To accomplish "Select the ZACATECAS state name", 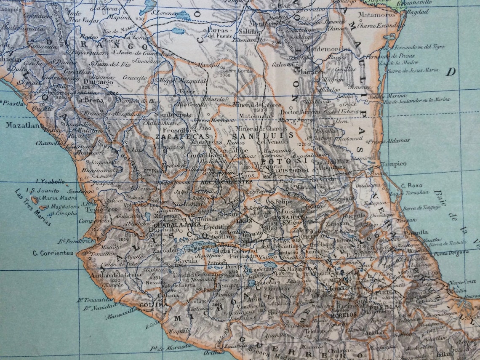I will [182, 136].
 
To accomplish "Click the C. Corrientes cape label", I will [53, 253].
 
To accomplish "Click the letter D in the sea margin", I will [451, 72].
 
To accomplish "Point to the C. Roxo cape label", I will [411, 185].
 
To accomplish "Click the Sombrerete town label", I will [173, 115].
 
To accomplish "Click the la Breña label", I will [90, 100].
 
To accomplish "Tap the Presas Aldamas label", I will [391, 140].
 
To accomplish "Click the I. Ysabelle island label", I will [51, 182].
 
